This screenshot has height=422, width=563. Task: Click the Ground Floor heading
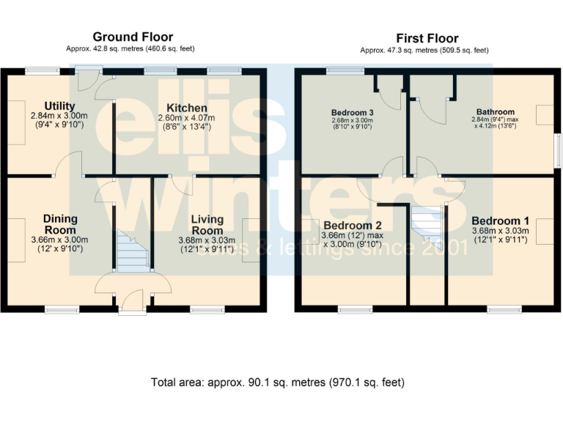coord(133,37)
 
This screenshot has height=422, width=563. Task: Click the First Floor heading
coord(427,38)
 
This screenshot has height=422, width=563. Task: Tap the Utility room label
coord(59,105)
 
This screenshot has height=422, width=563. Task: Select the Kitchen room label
coord(187,108)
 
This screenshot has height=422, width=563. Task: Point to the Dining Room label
coord(60,224)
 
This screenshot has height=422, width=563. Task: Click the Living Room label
coord(207,225)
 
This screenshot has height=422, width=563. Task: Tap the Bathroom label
coord(496,112)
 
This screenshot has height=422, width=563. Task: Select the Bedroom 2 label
coord(352,226)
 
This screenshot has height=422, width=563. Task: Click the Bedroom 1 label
coord(501,221)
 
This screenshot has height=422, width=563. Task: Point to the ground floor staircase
coord(133,251)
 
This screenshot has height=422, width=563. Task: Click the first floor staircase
coord(427,224)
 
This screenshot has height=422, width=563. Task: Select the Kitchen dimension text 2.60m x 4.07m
coord(187,118)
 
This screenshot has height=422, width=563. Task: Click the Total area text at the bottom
coord(278,382)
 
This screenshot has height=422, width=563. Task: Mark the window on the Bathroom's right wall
coord(559,150)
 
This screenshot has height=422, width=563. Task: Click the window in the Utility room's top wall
coord(43,71)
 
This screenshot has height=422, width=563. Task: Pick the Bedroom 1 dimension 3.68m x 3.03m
coord(501,231)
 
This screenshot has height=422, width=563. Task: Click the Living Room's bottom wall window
coord(207,309)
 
